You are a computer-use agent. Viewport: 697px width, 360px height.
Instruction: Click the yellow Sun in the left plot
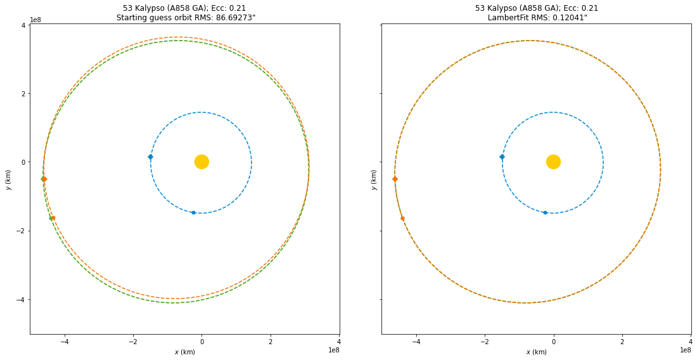[x=201, y=162]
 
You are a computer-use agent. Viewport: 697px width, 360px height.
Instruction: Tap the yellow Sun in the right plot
[x=553, y=162]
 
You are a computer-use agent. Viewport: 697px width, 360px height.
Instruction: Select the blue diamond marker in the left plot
[x=150, y=157]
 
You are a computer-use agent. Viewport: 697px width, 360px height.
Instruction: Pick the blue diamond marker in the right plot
[x=502, y=157]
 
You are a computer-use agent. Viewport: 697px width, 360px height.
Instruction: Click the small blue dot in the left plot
[x=193, y=212]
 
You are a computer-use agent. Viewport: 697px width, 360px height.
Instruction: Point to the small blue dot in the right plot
[x=545, y=212]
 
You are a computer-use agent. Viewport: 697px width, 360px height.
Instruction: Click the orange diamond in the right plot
[x=395, y=179]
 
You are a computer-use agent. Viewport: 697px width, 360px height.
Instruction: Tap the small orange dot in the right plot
[x=402, y=219]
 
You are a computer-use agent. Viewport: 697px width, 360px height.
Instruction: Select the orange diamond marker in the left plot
[x=44, y=179]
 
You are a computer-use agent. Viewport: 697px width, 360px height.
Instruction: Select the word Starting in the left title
[x=132, y=18]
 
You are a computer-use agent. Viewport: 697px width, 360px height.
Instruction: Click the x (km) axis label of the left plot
[x=184, y=352]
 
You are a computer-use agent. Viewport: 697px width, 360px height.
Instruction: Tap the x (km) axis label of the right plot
[x=536, y=352]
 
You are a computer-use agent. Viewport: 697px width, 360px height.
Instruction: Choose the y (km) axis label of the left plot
[x=8, y=179]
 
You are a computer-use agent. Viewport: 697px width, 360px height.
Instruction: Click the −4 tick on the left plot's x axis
[x=64, y=341]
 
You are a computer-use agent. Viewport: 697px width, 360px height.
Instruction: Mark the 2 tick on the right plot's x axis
[x=622, y=341]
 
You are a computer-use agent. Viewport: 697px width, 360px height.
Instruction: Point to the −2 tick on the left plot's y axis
[x=21, y=231]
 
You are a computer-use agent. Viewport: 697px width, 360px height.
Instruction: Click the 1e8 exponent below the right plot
[x=685, y=350]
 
